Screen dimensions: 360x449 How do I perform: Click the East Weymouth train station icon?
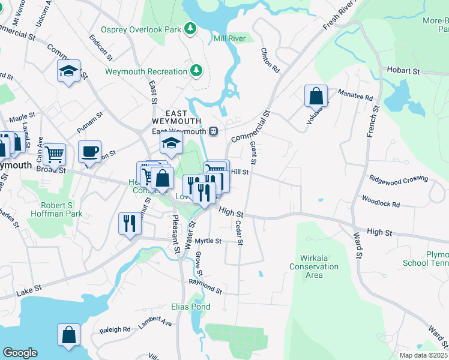point(212,131)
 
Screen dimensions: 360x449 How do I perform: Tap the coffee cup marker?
point(89,152)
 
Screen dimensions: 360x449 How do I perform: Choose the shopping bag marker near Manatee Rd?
point(316,96)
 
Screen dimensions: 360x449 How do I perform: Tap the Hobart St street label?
point(403,71)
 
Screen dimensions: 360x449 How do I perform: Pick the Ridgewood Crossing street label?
point(399,178)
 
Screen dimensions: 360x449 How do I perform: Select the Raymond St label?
point(205,286)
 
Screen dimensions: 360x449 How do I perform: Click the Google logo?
point(20,352)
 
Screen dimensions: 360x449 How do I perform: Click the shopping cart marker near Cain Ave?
point(54,154)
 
